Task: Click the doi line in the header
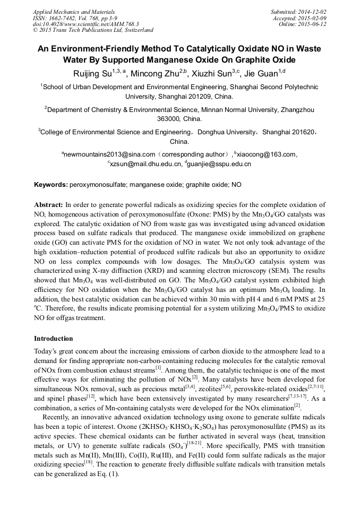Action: (x=85, y=24)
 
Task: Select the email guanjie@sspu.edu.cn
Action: (x=219, y=164)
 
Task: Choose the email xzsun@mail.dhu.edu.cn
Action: (x=145, y=164)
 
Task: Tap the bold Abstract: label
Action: (x=49, y=204)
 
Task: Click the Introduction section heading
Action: (x=54, y=339)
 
